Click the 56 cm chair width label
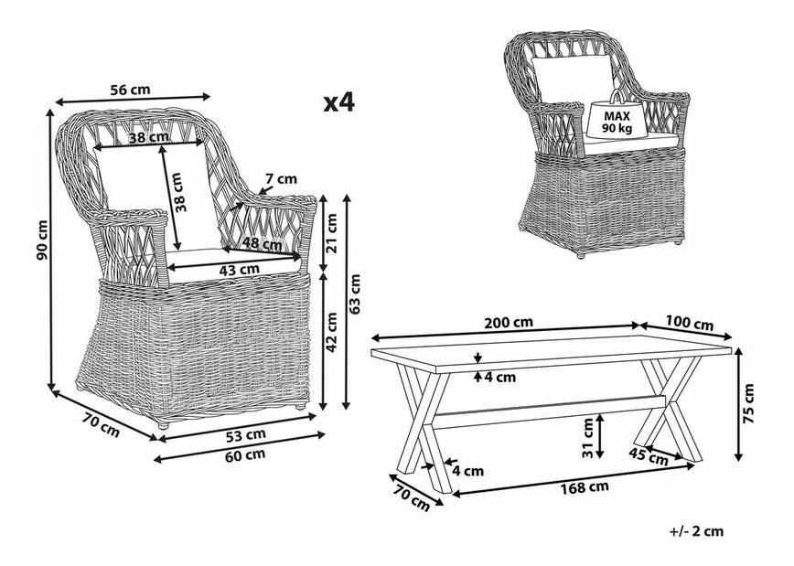[130, 90]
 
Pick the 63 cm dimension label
[355, 291]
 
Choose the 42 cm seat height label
[333, 335]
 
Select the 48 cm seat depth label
[263, 245]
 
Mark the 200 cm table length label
[510, 323]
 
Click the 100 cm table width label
[690, 324]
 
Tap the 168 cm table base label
[585, 486]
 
